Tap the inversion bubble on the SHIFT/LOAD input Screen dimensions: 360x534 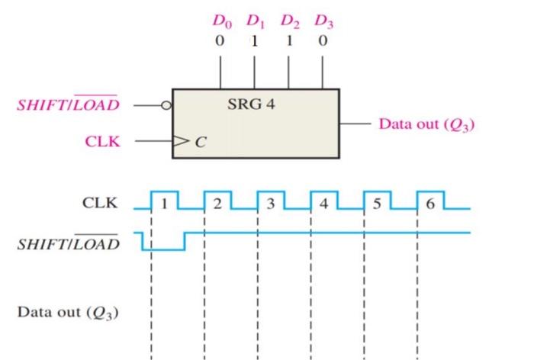pyautogui.click(x=164, y=105)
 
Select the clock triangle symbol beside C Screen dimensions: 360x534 pyautogui.click(x=179, y=140)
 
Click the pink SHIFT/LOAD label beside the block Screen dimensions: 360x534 pyautogui.click(x=68, y=104)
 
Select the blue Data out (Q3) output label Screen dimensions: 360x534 pyautogui.click(x=426, y=124)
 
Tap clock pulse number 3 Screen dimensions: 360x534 pyautogui.click(x=271, y=204)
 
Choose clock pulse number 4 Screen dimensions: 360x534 pyautogui.click(x=324, y=204)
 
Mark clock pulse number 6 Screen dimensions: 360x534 pyautogui.click(x=430, y=204)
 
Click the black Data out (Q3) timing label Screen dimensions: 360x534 pyautogui.click(x=68, y=313)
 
